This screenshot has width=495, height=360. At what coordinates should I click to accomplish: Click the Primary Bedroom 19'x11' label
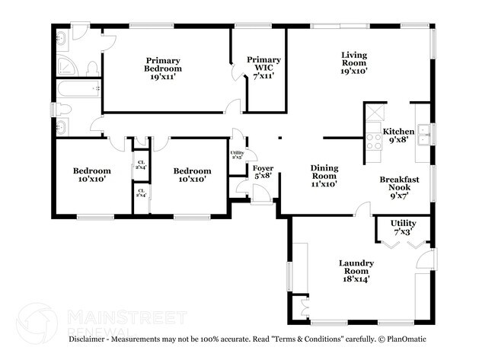[164, 68]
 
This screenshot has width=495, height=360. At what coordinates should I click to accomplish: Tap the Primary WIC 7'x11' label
[263, 68]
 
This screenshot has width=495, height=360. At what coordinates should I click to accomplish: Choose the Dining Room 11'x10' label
[324, 175]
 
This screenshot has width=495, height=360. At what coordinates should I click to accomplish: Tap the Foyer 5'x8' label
[263, 171]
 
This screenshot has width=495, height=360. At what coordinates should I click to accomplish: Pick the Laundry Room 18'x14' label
[356, 271]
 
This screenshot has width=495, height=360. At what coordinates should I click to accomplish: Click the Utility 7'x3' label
[403, 227]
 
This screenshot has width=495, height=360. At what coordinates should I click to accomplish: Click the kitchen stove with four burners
[374, 141]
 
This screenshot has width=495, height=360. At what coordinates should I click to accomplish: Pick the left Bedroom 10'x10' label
[91, 175]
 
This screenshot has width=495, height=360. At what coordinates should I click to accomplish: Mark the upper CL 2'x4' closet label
[140, 165]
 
